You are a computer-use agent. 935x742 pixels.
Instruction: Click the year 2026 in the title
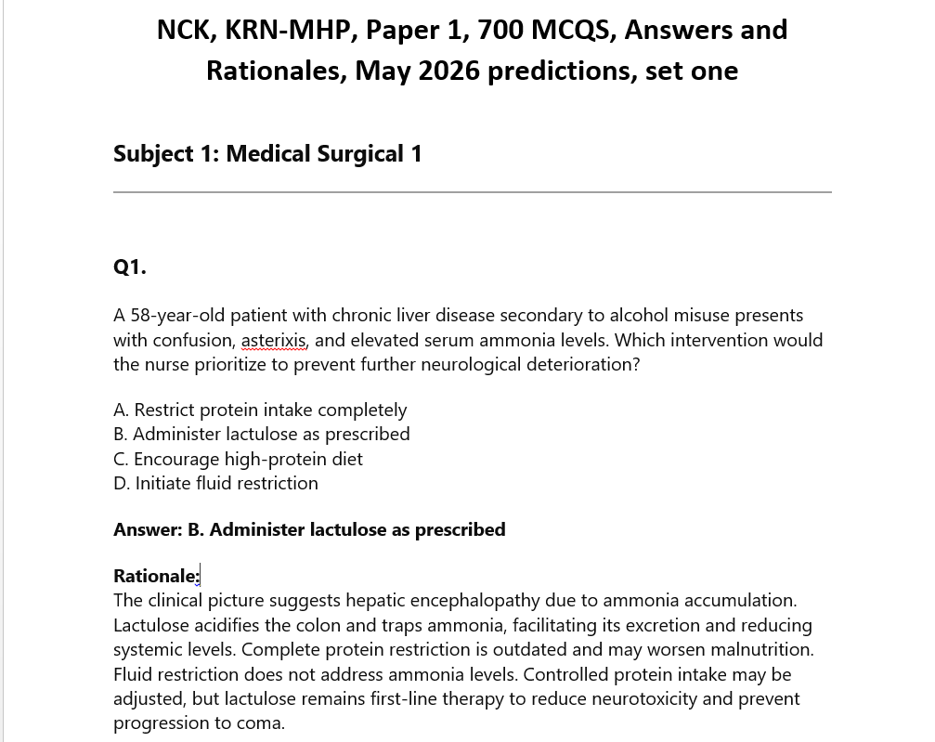[x=447, y=71]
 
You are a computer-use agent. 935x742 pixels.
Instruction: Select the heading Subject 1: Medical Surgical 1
[x=267, y=153]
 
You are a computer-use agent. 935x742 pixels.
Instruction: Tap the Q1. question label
[x=130, y=267]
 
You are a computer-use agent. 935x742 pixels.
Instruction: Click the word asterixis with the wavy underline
[x=274, y=340]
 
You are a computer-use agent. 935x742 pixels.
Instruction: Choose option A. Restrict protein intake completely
[x=260, y=410]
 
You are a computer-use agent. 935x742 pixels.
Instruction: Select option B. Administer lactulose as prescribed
[x=262, y=434]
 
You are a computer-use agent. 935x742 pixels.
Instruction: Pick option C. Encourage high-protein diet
[x=238, y=459]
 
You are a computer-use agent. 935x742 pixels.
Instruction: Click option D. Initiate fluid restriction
[x=215, y=483]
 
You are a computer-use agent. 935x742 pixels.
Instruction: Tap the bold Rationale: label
[x=156, y=576]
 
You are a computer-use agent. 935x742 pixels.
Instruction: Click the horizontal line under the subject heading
[x=472, y=192]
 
